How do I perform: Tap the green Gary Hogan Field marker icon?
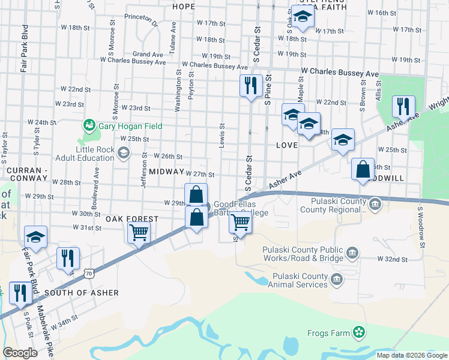[x=89, y=125]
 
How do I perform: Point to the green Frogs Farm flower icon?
[x=359, y=331]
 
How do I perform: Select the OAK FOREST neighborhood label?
[x=132, y=219]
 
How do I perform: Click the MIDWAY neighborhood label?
[x=166, y=172]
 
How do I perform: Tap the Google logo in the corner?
[x=20, y=353]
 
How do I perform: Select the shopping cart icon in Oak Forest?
[x=139, y=232]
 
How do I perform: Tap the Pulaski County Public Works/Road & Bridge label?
[x=303, y=254]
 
